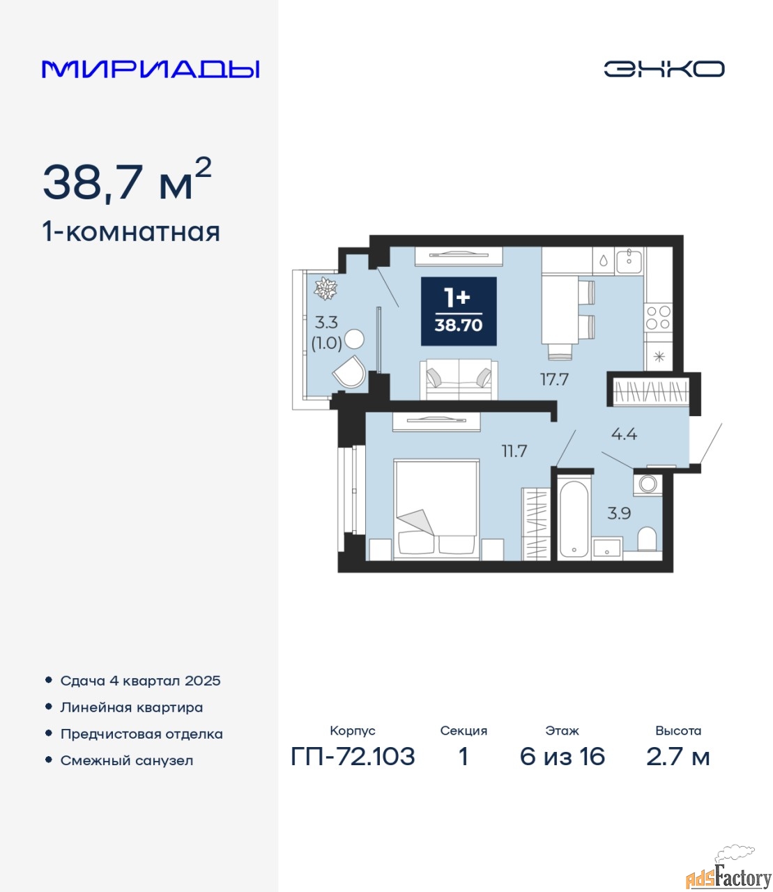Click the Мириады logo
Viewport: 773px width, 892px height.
150,69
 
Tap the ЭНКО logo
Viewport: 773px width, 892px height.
664,69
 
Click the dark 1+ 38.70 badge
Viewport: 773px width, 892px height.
459,311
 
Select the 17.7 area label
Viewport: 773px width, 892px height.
554,380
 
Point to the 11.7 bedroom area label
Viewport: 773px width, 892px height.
514,452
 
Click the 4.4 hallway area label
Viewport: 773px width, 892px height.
624,434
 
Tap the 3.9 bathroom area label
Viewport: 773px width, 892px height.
619,514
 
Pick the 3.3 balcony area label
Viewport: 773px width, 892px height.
326,323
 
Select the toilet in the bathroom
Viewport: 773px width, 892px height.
647,539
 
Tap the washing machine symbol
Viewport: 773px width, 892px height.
648,484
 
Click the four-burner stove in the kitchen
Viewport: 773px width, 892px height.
659,318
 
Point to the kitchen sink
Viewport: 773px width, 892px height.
629,261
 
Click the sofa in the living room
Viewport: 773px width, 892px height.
459,379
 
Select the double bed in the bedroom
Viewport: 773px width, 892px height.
436,509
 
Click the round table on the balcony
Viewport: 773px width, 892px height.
355,339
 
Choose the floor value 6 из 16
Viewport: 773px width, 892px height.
562,757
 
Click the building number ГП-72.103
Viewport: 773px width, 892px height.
353,757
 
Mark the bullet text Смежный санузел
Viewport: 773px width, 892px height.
126,760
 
